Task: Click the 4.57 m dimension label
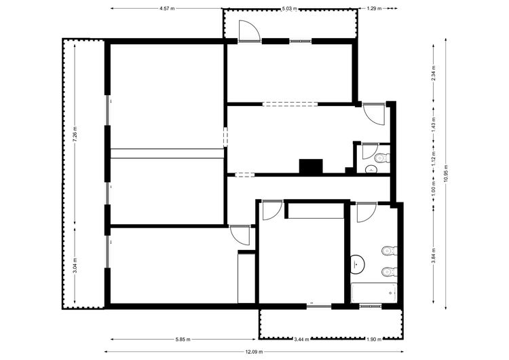coord(167,8)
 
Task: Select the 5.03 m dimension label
coord(289,8)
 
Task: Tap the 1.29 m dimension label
coord(374,8)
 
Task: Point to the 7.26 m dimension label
coord(75,134)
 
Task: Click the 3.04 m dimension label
coord(75,266)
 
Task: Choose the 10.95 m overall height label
coord(446,174)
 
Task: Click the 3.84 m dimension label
coord(434,255)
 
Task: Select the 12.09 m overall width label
coord(254,352)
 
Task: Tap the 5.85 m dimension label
coord(183,340)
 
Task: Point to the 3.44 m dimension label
coord(301,340)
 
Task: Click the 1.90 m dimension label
coord(374,340)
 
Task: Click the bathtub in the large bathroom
coord(374,293)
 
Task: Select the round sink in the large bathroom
coord(358,263)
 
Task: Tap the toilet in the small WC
coord(382,158)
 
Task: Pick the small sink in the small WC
coord(371,169)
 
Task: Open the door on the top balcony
coord(249,31)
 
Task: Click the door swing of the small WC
coord(370,151)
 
